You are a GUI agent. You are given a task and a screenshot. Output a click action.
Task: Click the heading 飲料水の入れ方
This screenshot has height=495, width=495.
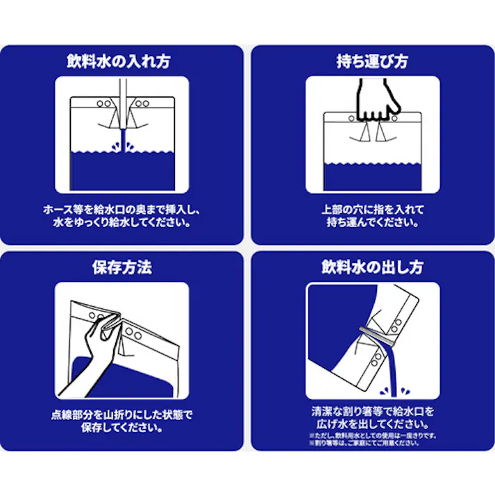click(x=123, y=61)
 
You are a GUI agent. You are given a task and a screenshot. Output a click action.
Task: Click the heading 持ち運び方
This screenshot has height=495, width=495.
click(x=371, y=61)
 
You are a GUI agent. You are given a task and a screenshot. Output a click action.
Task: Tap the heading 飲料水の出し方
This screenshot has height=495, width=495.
click(x=372, y=267)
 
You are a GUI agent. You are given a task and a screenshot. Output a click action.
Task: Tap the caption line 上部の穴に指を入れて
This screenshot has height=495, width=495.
click(x=372, y=209)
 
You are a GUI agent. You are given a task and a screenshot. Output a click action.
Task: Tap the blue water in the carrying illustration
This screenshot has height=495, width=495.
click(x=372, y=180)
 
